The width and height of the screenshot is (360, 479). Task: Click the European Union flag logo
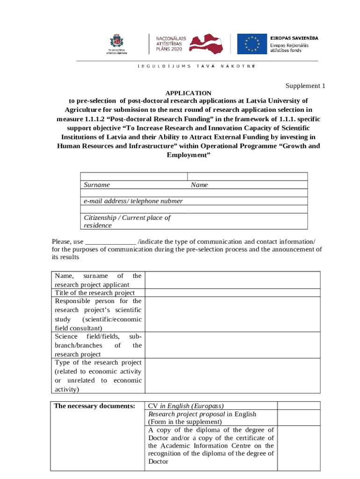pos(252,44)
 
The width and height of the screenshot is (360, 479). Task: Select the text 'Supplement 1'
pos(305,86)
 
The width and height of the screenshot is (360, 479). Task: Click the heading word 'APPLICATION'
pos(186,93)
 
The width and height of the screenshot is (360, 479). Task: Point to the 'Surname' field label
pos(97,185)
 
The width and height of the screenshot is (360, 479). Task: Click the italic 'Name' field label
pos(199,185)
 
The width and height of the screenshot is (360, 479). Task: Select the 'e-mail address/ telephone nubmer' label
pos(133,201)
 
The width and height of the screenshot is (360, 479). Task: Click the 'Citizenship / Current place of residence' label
pos(127,221)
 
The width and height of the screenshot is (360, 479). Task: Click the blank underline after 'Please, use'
pos(110,242)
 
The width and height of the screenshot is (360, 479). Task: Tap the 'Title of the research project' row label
pos(95,293)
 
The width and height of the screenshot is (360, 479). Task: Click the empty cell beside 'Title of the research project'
pos(232,293)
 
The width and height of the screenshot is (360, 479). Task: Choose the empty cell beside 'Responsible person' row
pos(232,314)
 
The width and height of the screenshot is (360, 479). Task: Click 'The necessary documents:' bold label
pos(94,406)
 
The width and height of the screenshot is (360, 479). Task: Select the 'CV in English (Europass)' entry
pos(186,406)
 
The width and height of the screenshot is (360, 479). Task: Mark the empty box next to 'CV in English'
pos(299,406)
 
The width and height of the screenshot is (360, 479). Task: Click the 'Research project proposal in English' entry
pos(202,414)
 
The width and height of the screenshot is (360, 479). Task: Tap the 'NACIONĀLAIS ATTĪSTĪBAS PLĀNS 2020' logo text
pos(170,43)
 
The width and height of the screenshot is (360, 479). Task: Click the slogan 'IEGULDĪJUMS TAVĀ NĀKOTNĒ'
pos(196,66)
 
